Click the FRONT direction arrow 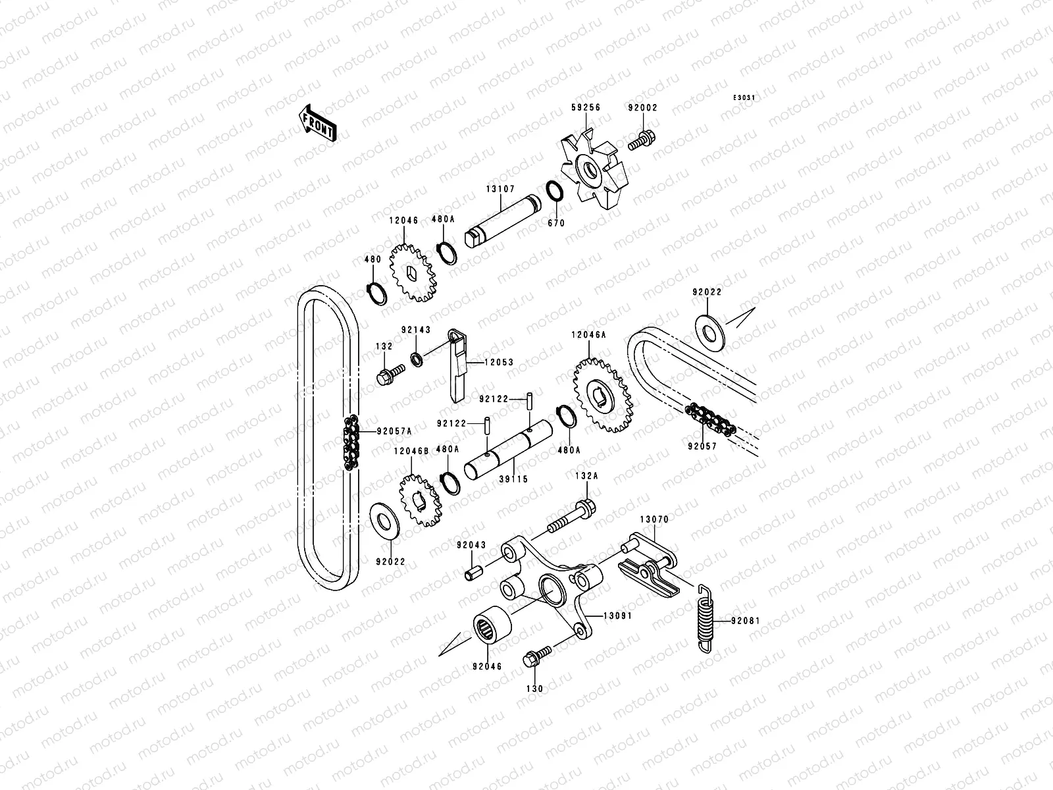pos(326,123)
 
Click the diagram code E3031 pos(744,98)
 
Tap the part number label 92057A pos(394,431)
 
